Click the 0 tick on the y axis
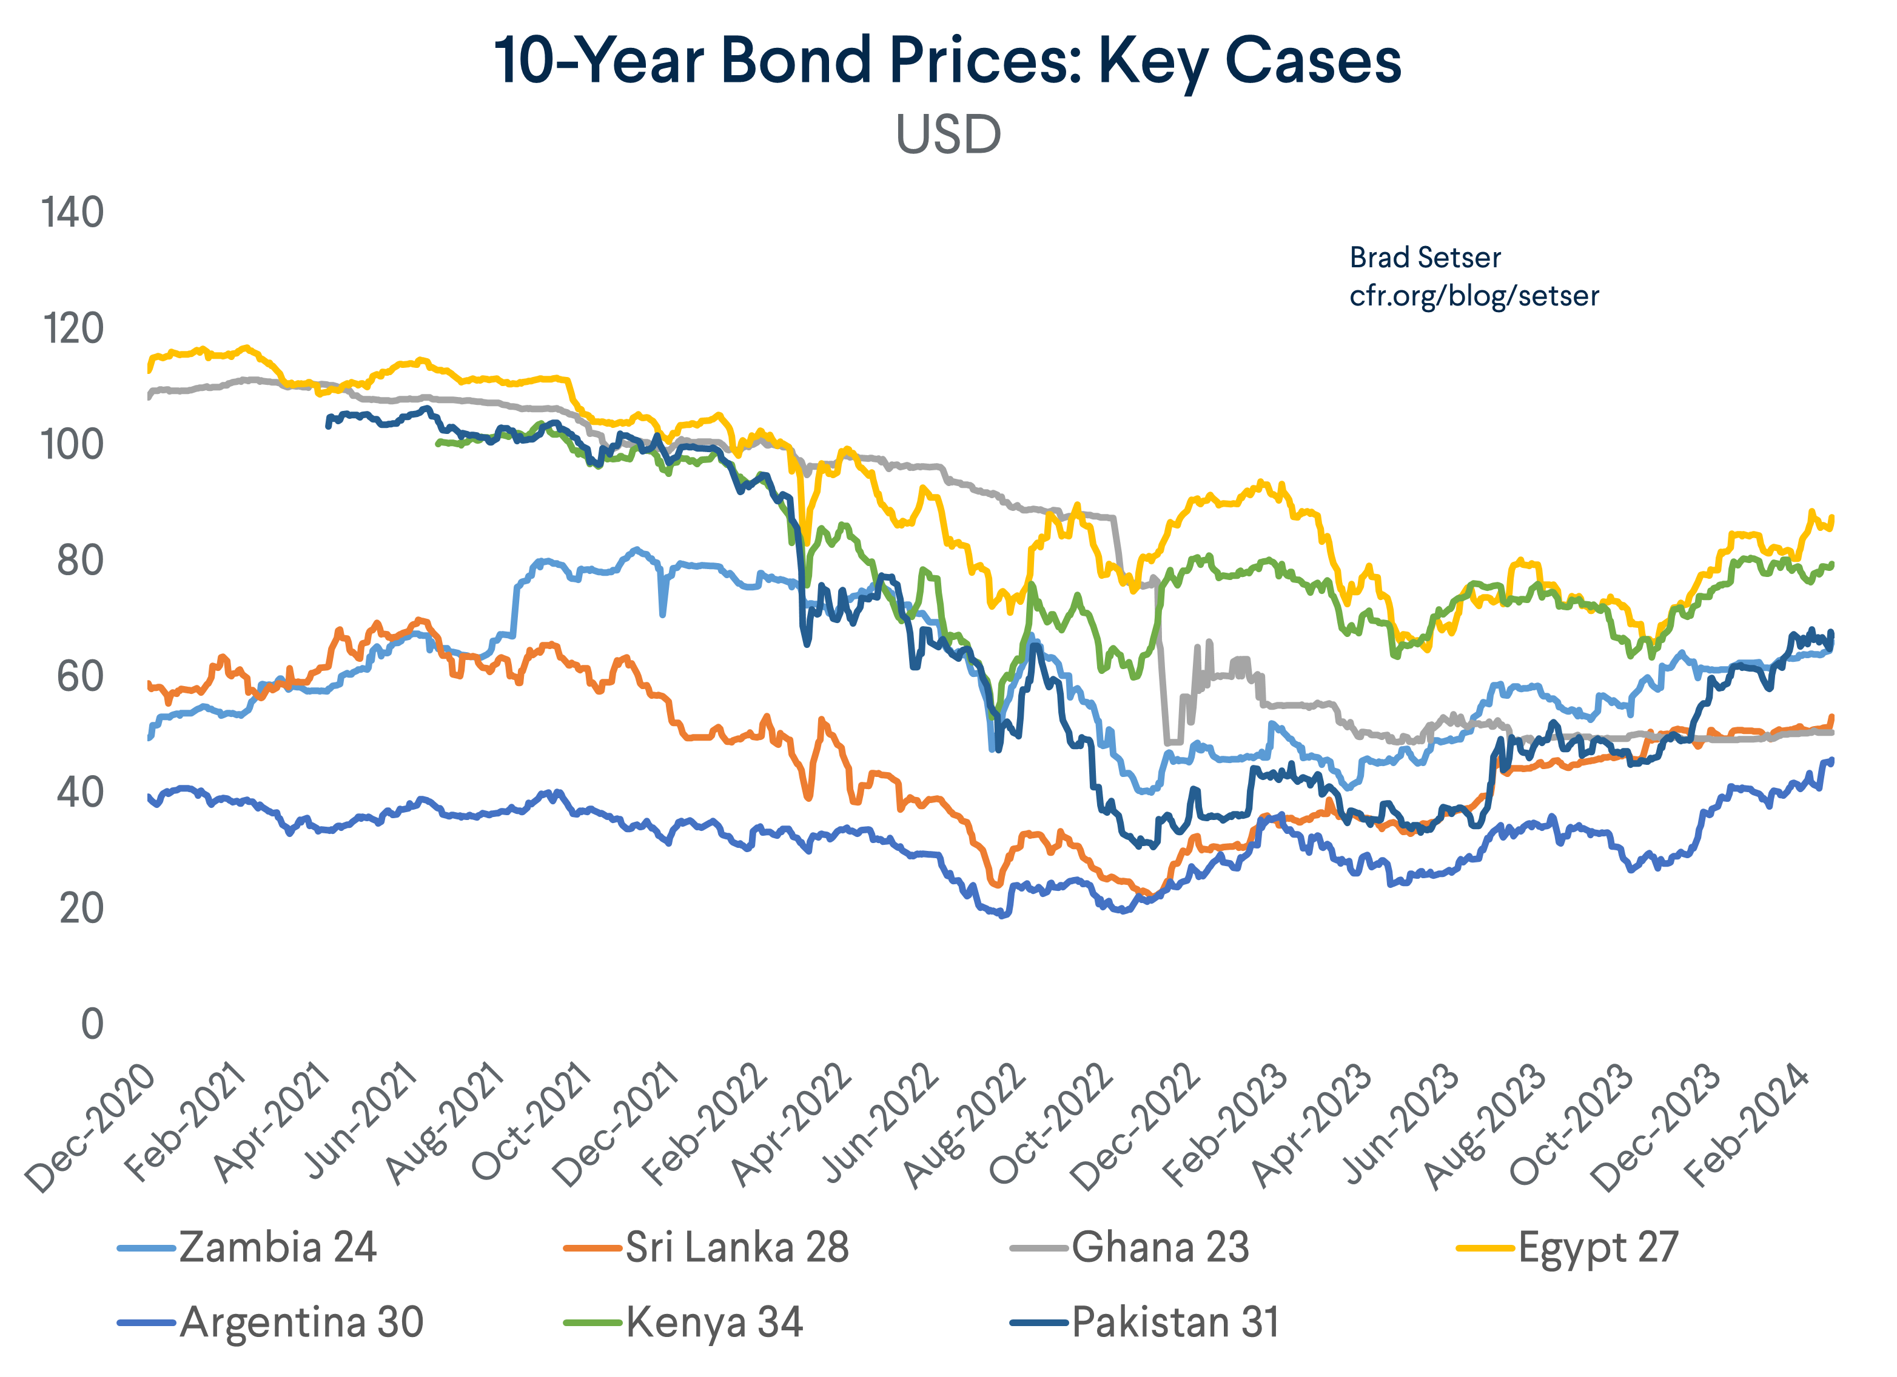coord(92,1024)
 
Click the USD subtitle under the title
coord(948,134)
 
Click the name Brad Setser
coord(1425,258)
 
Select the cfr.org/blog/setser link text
coord(1474,295)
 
